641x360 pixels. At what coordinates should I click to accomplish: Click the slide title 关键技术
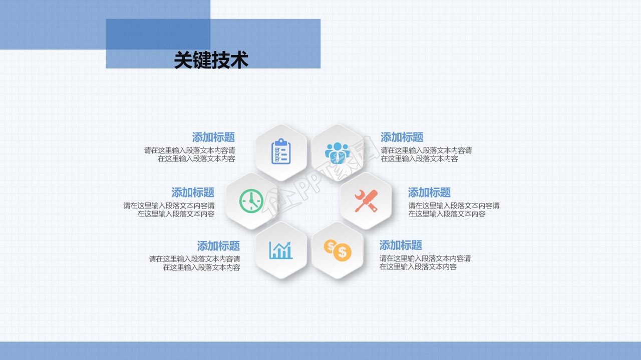[x=211, y=60]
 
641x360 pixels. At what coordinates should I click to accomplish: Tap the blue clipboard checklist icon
[x=281, y=151]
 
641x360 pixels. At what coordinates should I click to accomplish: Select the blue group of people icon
[x=337, y=152]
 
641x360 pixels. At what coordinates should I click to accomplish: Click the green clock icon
[x=251, y=200]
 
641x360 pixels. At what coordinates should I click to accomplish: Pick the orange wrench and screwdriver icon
[x=366, y=200]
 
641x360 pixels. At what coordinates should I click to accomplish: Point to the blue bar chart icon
[x=281, y=249]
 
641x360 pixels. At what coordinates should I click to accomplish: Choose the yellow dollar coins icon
[x=337, y=249]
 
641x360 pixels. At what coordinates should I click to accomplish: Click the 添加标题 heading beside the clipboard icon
[x=213, y=137]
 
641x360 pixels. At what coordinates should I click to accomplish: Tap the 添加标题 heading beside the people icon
[x=402, y=137]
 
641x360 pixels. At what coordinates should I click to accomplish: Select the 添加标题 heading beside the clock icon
[x=193, y=192]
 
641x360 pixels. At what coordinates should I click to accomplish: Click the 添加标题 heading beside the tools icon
[x=429, y=192]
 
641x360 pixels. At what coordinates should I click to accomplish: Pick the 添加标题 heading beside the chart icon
[x=218, y=246]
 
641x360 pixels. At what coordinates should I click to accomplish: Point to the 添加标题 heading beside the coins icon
[x=401, y=245]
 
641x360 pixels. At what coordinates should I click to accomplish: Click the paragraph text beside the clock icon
[x=169, y=209]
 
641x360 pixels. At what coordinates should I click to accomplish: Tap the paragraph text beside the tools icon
[x=454, y=209]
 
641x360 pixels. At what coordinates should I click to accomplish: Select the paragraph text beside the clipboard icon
[x=190, y=154]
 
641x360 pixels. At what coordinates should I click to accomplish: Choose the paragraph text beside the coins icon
[x=425, y=262]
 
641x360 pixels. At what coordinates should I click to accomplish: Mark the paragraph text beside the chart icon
[x=194, y=263]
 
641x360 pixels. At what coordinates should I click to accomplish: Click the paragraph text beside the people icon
[x=426, y=154]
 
